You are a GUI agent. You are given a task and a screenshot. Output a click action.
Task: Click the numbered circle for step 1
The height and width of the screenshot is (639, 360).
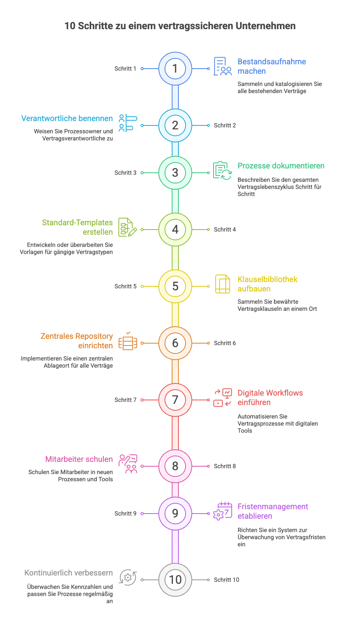175,69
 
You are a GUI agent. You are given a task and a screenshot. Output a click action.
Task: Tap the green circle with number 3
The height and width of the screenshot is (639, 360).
175,173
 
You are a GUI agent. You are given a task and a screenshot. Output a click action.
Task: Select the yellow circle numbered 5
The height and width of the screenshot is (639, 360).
175,286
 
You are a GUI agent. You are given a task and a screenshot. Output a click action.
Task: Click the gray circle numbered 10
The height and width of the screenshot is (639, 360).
175,580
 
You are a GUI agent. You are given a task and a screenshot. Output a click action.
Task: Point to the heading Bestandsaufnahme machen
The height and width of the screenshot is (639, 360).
272,66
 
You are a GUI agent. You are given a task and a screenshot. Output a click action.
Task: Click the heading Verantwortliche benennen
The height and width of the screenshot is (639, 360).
67,118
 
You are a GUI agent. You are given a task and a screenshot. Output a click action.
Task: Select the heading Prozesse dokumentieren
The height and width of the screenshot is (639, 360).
281,166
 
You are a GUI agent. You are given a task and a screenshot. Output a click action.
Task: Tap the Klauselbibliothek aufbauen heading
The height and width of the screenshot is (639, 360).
267,284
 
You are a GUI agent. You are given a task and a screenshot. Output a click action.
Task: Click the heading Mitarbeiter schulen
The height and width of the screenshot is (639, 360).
79,459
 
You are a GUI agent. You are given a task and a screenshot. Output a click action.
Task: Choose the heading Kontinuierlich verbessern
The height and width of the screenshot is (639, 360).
69,573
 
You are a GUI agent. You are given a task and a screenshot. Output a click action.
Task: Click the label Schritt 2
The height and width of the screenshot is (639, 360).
225,125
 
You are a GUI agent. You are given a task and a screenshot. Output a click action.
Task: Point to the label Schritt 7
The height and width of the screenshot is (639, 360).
126,400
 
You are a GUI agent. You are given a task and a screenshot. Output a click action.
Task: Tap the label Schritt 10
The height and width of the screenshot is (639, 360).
226,580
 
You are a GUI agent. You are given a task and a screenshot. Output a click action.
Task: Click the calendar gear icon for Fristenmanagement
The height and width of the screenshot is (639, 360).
223,511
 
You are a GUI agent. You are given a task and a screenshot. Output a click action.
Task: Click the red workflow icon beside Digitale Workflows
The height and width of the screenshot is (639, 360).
223,398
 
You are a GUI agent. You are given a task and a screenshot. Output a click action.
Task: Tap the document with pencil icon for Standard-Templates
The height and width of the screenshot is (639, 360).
127,228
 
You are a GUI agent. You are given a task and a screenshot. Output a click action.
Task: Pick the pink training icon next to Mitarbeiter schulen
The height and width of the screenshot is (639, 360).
128,464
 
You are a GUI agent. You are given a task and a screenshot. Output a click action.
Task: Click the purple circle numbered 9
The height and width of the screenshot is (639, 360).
175,514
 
